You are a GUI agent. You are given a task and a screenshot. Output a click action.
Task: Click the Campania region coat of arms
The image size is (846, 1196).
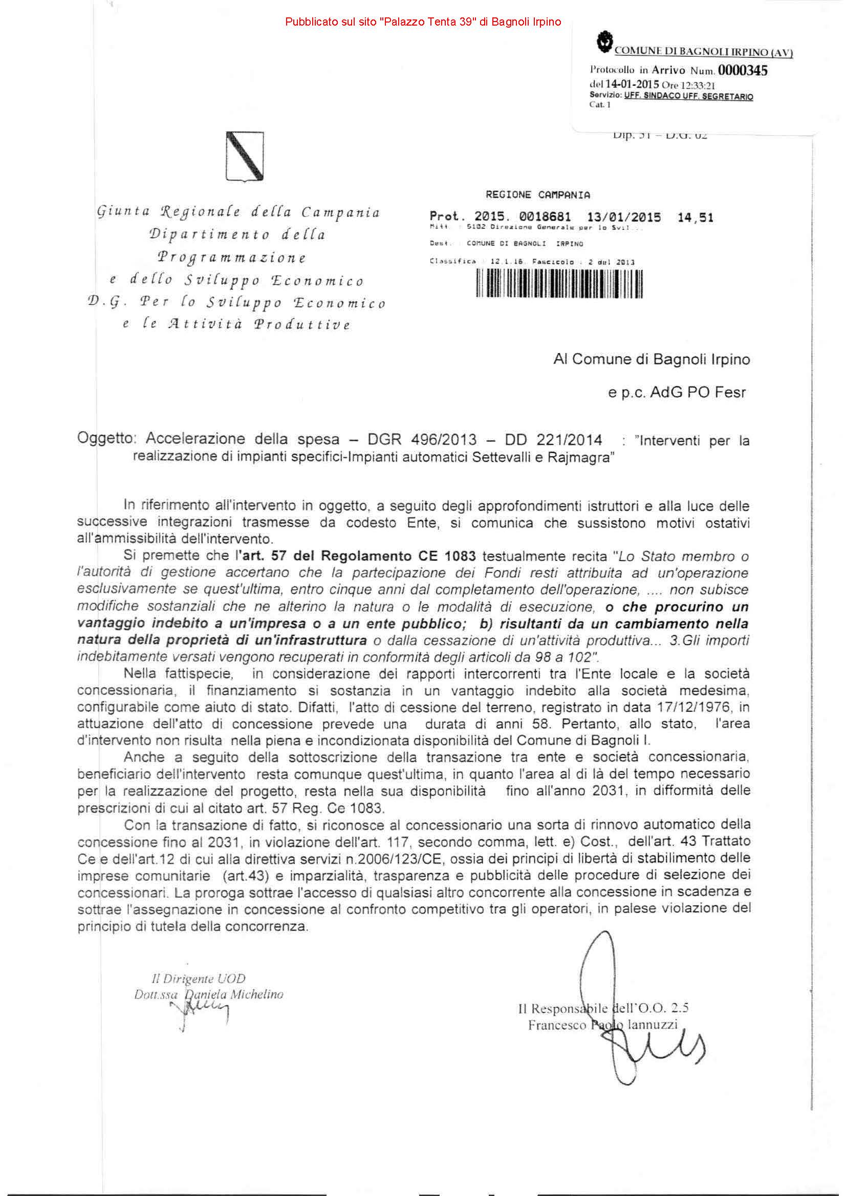point(244,156)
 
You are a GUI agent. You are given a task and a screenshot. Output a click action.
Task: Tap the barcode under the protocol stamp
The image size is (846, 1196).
point(559,284)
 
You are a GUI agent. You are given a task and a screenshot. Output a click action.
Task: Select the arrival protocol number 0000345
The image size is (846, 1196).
point(742,70)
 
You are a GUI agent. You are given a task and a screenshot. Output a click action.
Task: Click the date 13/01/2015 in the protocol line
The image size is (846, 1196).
point(623,217)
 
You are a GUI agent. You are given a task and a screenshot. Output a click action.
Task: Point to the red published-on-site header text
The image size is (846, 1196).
point(423,22)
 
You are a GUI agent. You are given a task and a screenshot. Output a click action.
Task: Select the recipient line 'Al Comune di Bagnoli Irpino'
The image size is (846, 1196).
point(651,359)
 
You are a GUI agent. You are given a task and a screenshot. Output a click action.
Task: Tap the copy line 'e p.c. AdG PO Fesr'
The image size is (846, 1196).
point(677,392)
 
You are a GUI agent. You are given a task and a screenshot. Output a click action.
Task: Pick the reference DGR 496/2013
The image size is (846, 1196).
point(422,440)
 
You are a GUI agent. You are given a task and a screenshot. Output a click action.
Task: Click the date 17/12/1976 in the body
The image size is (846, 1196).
point(694,707)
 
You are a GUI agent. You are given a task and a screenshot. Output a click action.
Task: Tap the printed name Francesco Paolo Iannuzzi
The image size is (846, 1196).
point(603,1025)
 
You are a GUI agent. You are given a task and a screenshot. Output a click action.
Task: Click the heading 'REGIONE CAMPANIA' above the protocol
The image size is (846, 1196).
point(537,195)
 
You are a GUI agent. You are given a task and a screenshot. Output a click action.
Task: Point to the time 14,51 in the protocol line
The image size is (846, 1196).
point(695,217)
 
